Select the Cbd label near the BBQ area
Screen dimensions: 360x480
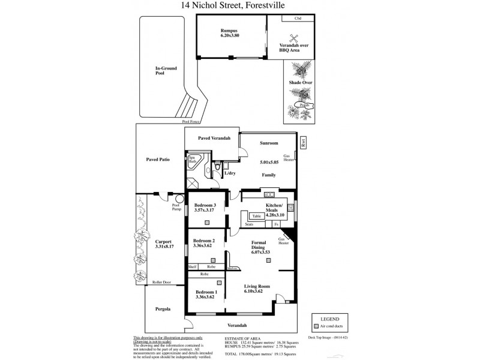[x=298, y=19]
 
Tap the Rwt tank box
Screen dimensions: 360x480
[x=303, y=143]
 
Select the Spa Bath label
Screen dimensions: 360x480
[x=193, y=160]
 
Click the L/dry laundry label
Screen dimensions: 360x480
[x=230, y=174]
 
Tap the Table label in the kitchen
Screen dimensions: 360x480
[x=256, y=215]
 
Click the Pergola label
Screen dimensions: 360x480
[x=163, y=309]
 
